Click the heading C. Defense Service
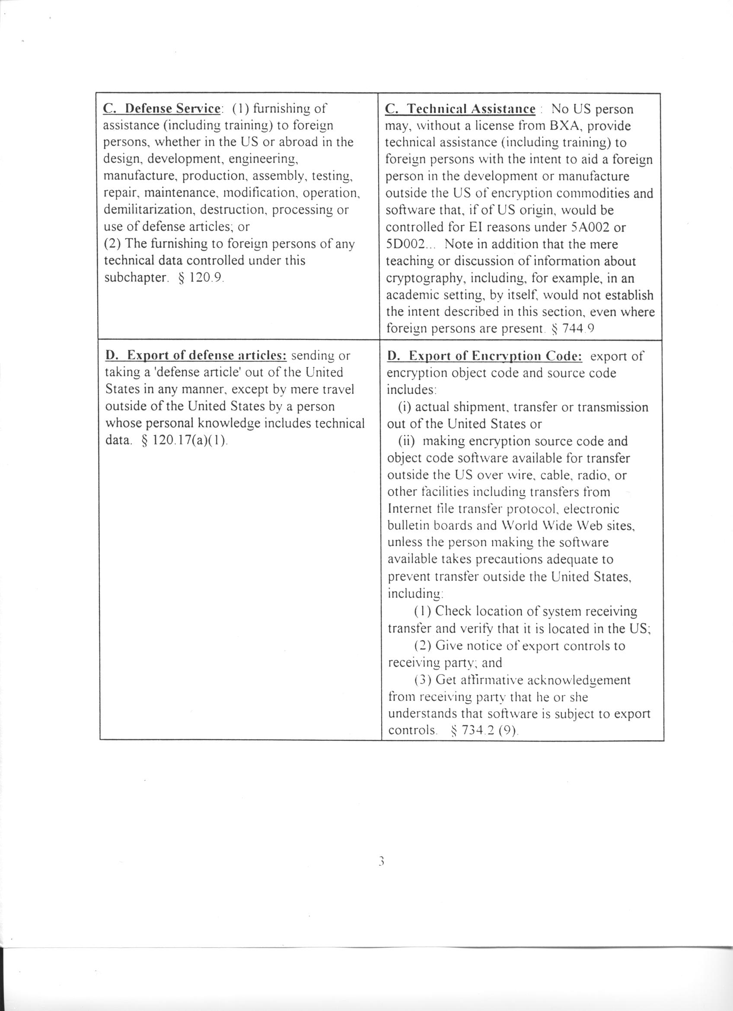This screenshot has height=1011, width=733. [x=162, y=108]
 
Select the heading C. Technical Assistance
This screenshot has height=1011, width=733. [x=460, y=109]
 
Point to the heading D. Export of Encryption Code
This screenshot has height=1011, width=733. [x=484, y=356]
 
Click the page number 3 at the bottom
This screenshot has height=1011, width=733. [x=381, y=861]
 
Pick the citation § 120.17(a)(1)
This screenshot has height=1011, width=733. [x=184, y=440]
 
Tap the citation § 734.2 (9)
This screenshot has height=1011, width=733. [x=484, y=730]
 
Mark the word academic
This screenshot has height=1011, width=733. [x=412, y=295]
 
